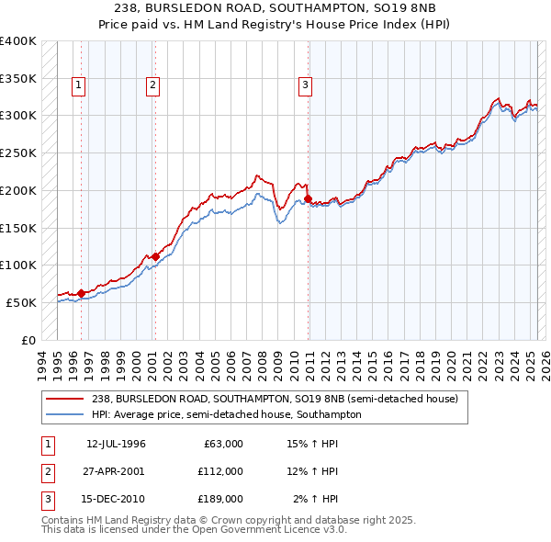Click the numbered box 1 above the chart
pyautogui.click(x=79, y=86)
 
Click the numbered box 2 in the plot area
pyautogui.click(x=152, y=86)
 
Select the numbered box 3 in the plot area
pyautogui.click(x=305, y=86)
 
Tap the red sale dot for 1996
pyautogui.click(x=81, y=293)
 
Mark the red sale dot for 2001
pyautogui.click(x=155, y=256)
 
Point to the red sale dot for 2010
pyautogui.click(x=308, y=198)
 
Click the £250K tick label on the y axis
pyautogui.click(x=17, y=152)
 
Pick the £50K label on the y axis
pyautogui.click(x=21, y=302)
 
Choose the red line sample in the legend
pyautogui.click(x=65, y=399)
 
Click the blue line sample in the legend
pyautogui.click(x=65, y=414)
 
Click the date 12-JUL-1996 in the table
pyautogui.click(x=116, y=444)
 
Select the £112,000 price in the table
pyautogui.click(x=219, y=471)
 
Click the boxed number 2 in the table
pyautogui.click(x=46, y=471)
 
